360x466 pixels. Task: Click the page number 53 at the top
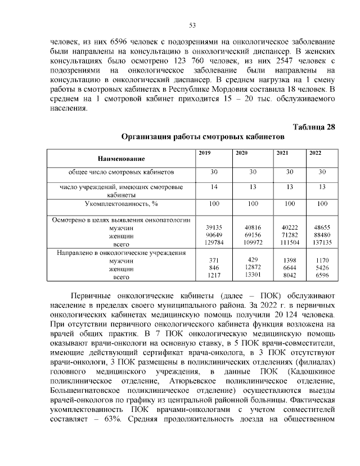[191, 25]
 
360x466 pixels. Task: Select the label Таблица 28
[314, 127]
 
